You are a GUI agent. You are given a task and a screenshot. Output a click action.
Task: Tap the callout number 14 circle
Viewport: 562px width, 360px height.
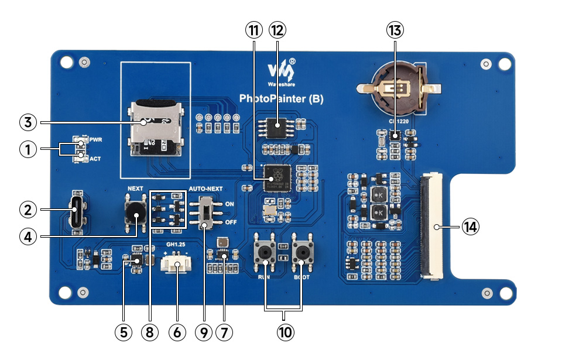[470, 227]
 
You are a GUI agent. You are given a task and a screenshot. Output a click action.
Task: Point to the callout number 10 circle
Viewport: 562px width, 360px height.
[285, 332]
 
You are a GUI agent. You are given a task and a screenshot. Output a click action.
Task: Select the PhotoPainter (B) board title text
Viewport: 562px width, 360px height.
[281, 98]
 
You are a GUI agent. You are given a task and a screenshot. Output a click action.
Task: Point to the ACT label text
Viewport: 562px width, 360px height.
[96, 159]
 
